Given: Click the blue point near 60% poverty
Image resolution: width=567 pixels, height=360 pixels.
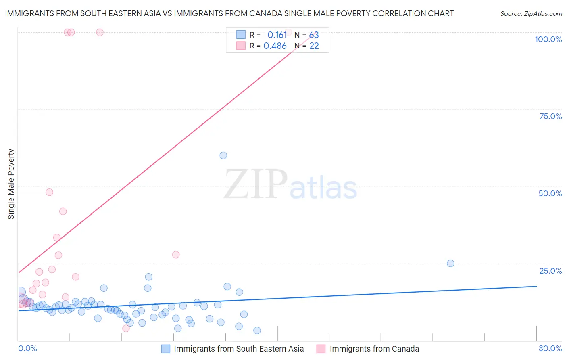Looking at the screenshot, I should [223, 155].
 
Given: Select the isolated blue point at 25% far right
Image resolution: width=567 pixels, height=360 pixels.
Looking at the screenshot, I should [450, 263].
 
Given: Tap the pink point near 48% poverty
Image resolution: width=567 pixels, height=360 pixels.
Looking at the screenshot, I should [49, 192].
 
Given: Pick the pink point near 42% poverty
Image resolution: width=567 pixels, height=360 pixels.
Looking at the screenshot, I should [63, 211].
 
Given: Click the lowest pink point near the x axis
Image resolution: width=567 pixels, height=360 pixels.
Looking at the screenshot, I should [126, 328].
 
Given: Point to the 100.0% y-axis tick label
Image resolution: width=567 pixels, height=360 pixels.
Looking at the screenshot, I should [548, 39].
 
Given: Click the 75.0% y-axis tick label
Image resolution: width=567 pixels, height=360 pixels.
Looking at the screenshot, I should [550, 116].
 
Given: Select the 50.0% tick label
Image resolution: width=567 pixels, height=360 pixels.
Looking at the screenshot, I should [550, 193].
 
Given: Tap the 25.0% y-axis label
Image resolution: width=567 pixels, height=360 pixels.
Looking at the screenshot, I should [550, 270].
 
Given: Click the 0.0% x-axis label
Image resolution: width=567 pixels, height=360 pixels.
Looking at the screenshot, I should [27, 348].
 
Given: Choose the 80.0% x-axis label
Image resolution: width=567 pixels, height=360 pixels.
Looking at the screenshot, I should [550, 348].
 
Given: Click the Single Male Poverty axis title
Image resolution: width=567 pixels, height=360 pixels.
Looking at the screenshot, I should [11, 184].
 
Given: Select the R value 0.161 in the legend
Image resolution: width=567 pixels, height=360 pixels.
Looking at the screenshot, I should [277, 35].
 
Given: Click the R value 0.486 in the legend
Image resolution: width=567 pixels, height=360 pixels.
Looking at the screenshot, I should [275, 46].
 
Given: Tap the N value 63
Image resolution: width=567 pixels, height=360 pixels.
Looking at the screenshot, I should [314, 35].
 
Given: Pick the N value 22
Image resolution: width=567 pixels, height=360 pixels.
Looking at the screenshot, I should [314, 46].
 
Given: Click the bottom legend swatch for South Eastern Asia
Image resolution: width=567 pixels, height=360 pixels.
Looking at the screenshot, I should [165, 349].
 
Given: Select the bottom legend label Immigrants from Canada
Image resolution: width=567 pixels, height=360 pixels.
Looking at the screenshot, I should [374, 349].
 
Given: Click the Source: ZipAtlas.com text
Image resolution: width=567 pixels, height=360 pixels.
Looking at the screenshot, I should [531, 14].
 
